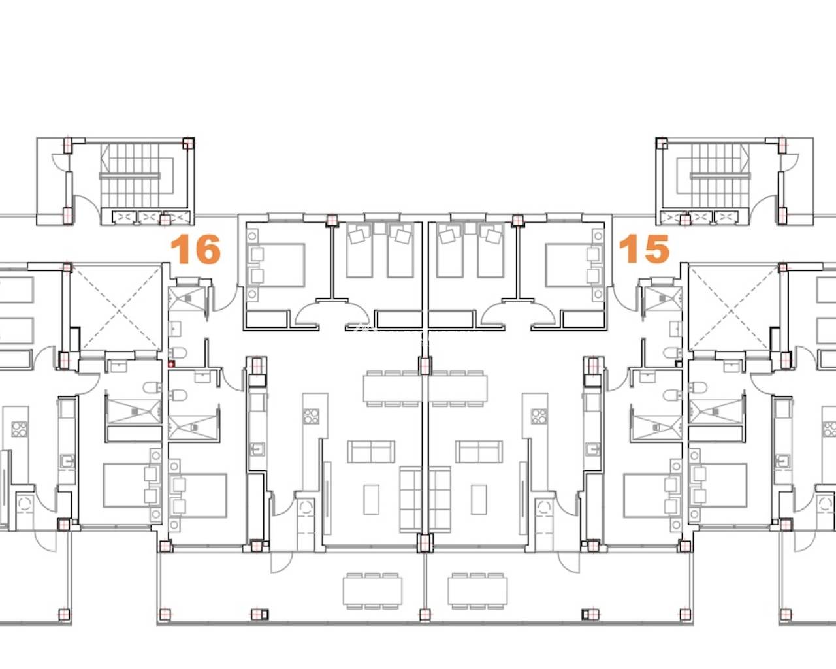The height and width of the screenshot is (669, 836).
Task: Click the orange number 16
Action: click(x=196, y=250)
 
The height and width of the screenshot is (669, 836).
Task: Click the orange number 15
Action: click(x=644, y=249)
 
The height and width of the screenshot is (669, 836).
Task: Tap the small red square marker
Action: click(x=171, y=364)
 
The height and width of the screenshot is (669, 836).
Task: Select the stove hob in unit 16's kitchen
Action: click(x=312, y=416)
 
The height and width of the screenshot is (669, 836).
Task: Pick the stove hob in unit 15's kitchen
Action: click(x=539, y=416)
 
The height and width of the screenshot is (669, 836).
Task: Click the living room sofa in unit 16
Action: click(x=372, y=451)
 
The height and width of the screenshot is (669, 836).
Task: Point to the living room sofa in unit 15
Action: click(x=479, y=451)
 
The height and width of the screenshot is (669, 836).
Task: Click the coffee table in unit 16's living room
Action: click(x=372, y=500)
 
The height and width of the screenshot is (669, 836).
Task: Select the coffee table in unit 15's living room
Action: click(x=479, y=500)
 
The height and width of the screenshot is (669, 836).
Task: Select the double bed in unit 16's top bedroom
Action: click(x=276, y=265)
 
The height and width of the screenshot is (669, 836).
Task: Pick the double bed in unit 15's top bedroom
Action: click(x=574, y=265)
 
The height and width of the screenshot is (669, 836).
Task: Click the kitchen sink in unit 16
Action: click(x=257, y=449)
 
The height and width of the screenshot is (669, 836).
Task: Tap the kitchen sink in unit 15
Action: click(x=593, y=449)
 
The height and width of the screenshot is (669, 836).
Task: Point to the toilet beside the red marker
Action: click(x=178, y=353)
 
